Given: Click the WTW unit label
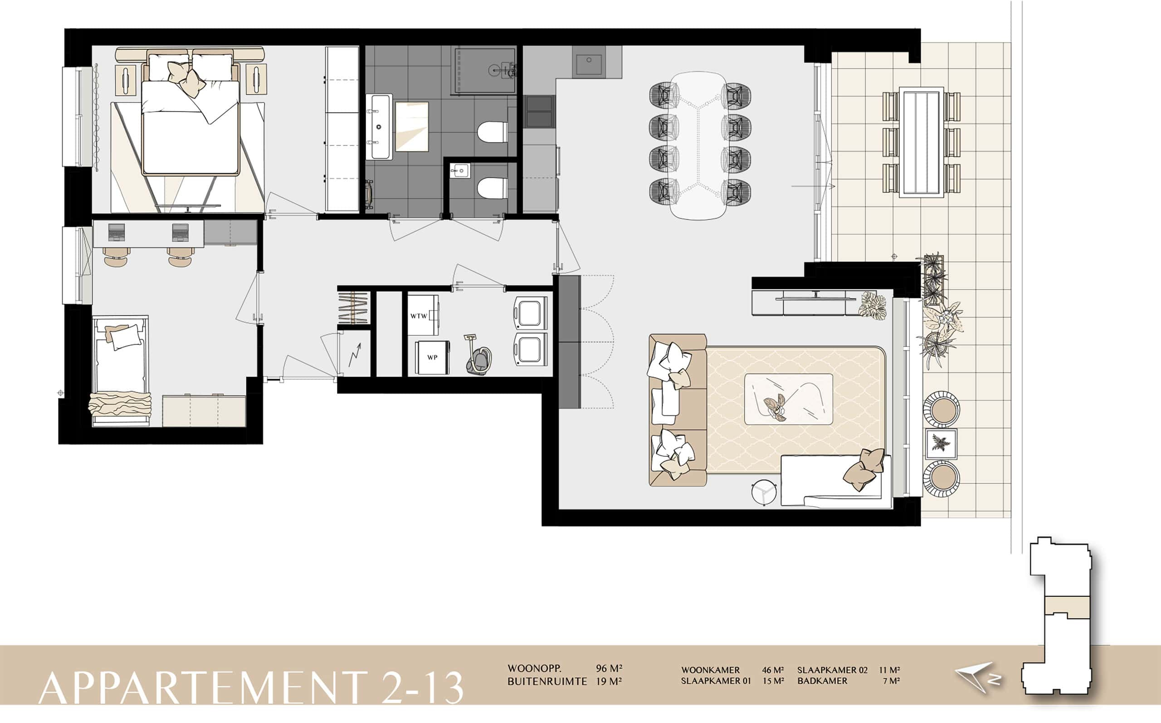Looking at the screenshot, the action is [419, 316].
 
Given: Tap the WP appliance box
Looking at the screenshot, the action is [432, 357].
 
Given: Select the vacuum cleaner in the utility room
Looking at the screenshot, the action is [478, 355].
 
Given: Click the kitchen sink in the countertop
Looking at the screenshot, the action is [589, 64].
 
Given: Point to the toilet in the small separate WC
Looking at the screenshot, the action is [493, 188].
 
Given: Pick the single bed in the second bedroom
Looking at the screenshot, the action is [120, 370].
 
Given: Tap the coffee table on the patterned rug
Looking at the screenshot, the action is [789, 399].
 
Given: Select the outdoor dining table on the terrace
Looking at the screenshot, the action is [921, 142].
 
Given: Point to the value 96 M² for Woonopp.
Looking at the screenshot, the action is [609, 669].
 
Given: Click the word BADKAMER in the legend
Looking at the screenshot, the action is [822, 681].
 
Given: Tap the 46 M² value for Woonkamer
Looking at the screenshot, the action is [773, 670].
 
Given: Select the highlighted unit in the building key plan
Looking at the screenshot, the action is [1067, 606].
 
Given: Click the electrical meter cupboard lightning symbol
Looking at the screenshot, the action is [354, 353].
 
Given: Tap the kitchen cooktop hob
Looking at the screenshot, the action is [540, 112].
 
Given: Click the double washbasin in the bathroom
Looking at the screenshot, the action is [379, 127].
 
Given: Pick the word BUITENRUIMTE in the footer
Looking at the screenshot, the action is [547, 681].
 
